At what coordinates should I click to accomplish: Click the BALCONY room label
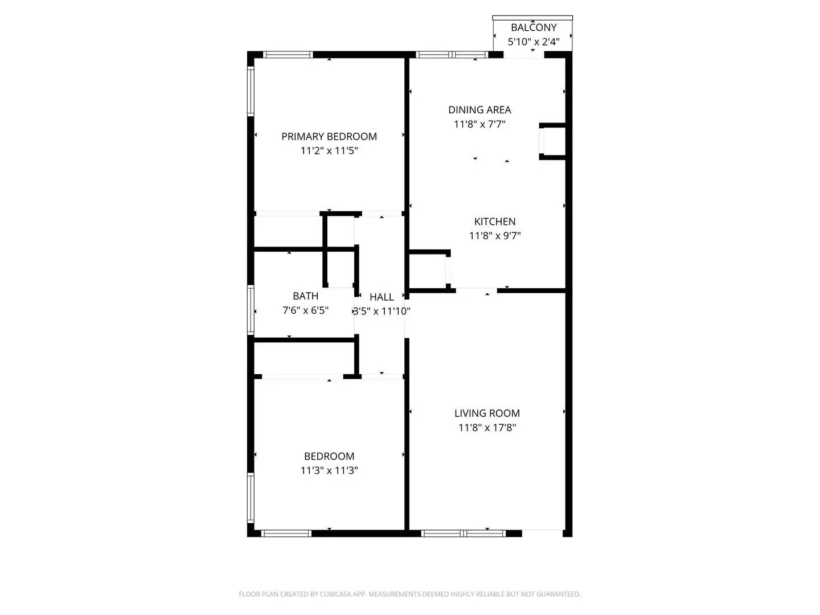coord(533,27)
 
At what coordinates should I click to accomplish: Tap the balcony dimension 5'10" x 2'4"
coord(533,42)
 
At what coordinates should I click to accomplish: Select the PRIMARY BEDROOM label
coord(329,137)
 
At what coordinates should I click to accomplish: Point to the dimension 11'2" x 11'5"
coord(329,151)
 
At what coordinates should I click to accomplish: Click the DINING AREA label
coord(479,110)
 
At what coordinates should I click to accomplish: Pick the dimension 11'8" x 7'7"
coord(479,124)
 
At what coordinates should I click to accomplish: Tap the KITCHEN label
coord(495,222)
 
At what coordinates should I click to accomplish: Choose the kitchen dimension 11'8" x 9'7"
coord(495,236)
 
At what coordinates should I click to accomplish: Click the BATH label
coord(305,296)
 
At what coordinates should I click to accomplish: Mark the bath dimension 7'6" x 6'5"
coord(305,310)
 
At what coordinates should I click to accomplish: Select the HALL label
coord(382,297)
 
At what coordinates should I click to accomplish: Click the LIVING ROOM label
coord(487,413)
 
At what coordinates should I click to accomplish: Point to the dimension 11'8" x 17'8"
coord(487,428)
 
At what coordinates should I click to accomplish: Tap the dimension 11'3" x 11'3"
coord(329,470)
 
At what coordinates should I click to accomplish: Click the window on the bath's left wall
coord(250,309)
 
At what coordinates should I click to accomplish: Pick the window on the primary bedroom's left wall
coord(250,91)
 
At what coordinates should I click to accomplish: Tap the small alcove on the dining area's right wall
coord(552,141)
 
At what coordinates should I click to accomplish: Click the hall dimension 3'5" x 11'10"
coord(382,311)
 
